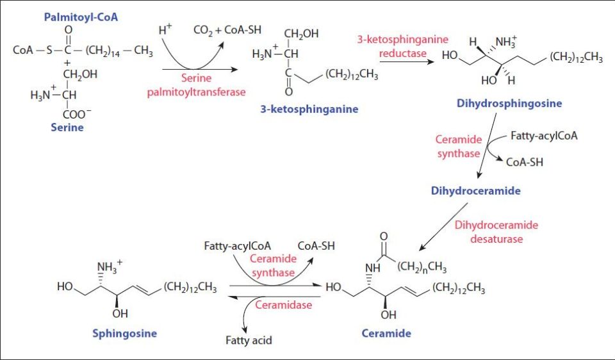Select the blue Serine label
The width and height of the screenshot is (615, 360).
click(x=67, y=127)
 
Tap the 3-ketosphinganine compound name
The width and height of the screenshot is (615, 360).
click(x=309, y=109)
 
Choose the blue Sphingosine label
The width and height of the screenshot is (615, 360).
click(x=126, y=333)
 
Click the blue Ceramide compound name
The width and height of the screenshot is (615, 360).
click(x=386, y=333)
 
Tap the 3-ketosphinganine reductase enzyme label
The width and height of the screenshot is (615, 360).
click(x=402, y=46)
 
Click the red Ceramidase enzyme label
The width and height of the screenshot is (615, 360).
click(x=284, y=305)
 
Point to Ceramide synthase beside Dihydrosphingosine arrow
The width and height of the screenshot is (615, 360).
click(x=457, y=146)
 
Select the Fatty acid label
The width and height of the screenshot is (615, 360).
click(x=249, y=340)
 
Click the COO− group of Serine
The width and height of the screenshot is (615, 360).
click(x=78, y=114)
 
